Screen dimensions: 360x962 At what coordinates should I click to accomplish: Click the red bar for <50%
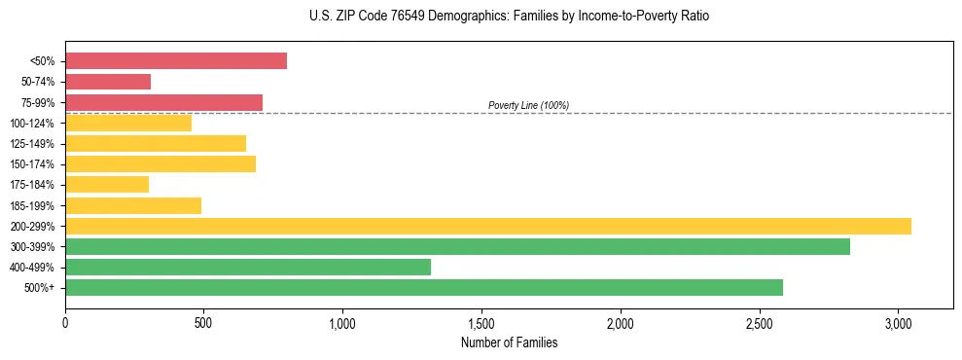pos(176,61)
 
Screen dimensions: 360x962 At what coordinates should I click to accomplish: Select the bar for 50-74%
pos(108,82)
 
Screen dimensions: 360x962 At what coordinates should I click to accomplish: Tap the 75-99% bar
pos(163,102)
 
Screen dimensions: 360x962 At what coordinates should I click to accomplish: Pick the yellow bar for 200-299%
pos(488,226)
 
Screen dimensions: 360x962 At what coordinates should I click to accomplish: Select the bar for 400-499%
pos(248,267)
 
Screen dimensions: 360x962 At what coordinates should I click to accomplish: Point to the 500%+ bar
pos(424,287)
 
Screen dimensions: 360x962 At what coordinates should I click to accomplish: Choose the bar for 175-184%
pos(107,185)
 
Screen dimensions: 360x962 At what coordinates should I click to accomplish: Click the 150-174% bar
pos(160,163)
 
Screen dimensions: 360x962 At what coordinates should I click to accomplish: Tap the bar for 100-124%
pos(128,123)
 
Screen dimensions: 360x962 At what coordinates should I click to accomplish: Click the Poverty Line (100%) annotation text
pos(528,105)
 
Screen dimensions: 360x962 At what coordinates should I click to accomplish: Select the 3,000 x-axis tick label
pos(898,324)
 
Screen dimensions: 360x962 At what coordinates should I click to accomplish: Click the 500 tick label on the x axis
pos(204,324)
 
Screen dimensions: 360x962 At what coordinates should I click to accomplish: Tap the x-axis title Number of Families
pos(509,342)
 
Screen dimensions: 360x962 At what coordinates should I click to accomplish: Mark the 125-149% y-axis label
pos(32,144)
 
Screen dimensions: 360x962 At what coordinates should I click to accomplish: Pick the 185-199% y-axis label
pos(32,205)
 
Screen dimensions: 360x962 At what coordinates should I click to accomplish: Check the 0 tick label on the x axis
pos(65,324)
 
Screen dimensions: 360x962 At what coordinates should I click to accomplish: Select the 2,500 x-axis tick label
pos(759,324)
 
